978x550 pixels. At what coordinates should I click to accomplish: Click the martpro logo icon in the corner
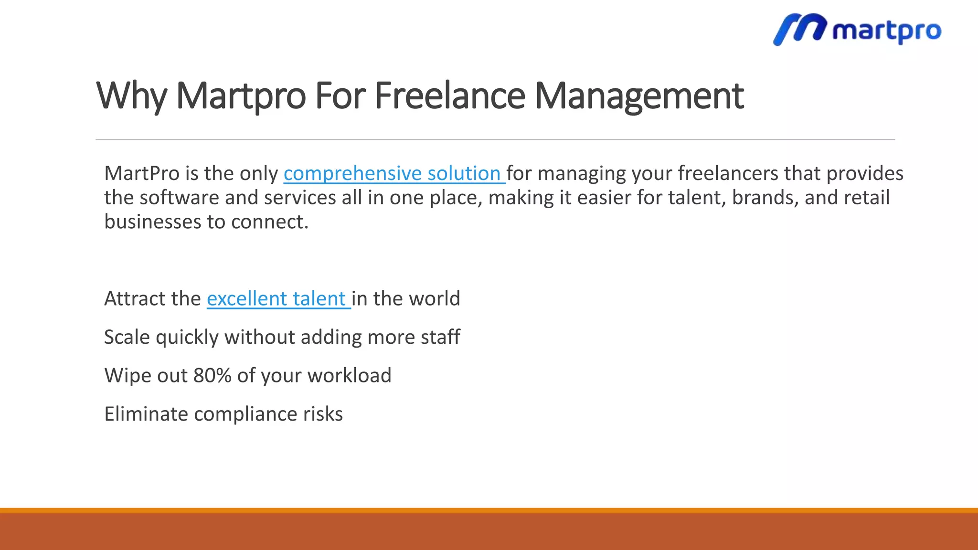[x=799, y=29]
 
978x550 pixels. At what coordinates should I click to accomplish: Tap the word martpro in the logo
[x=886, y=31]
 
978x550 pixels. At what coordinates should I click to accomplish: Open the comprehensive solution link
[x=393, y=173]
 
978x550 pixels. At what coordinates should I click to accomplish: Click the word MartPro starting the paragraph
[x=142, y=173]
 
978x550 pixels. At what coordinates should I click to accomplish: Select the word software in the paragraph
[x=179, y=198]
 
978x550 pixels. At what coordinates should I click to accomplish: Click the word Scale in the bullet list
[x=127, y=337]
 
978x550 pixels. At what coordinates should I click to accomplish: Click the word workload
[x=349, y=376]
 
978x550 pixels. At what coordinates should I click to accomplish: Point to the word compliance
[x=245, y=414]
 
